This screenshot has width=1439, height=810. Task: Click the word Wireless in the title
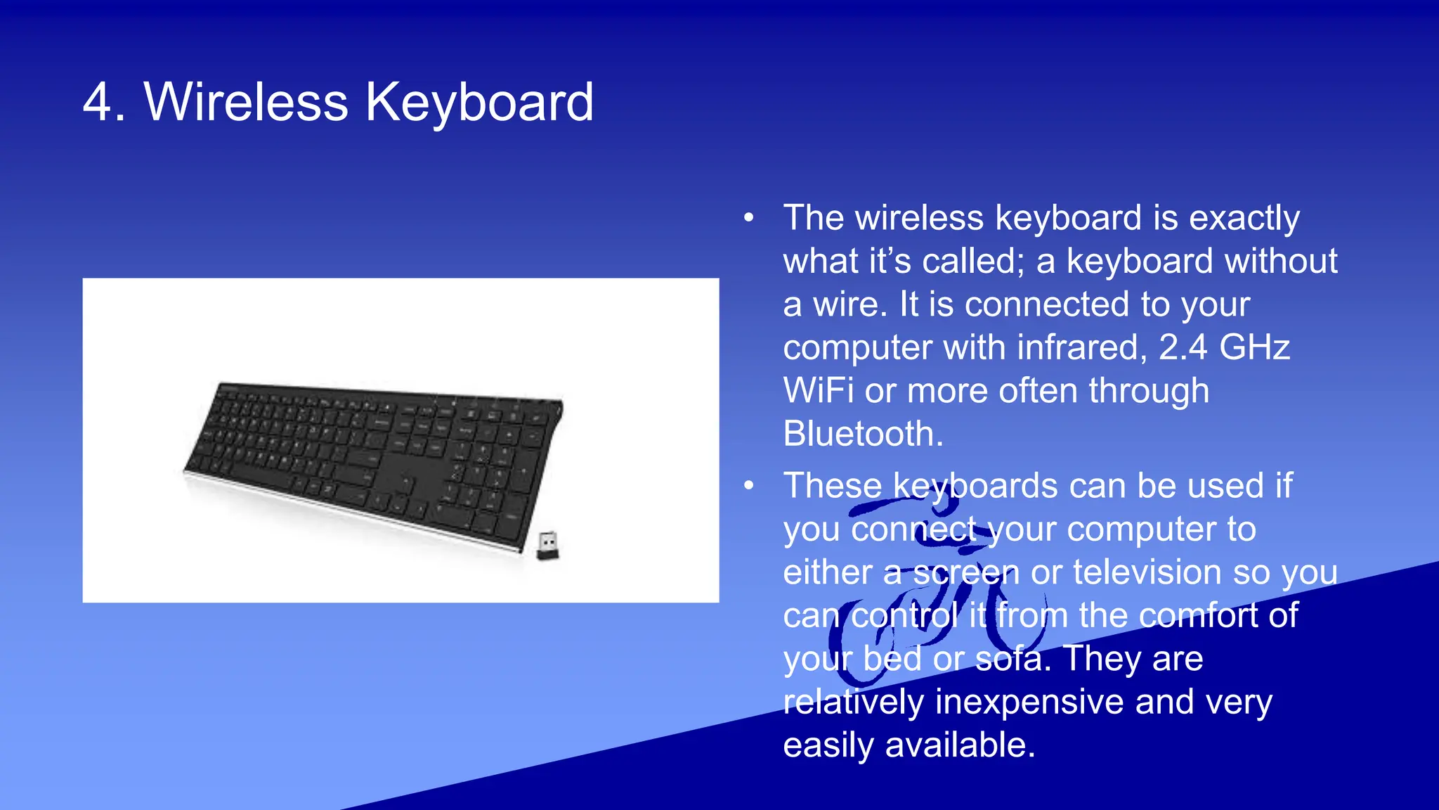coord(246,103)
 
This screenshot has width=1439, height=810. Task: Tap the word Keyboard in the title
coord(479,103)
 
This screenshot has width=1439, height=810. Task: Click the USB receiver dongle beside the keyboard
coord(548,545)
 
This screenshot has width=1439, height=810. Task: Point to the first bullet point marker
coord(749,218)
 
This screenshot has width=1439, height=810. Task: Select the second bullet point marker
coord(749,486)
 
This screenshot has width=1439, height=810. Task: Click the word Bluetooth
coord(862,434)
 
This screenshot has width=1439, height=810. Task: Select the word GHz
coord(1255,347)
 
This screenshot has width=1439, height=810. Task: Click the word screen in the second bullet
coord(965,572)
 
